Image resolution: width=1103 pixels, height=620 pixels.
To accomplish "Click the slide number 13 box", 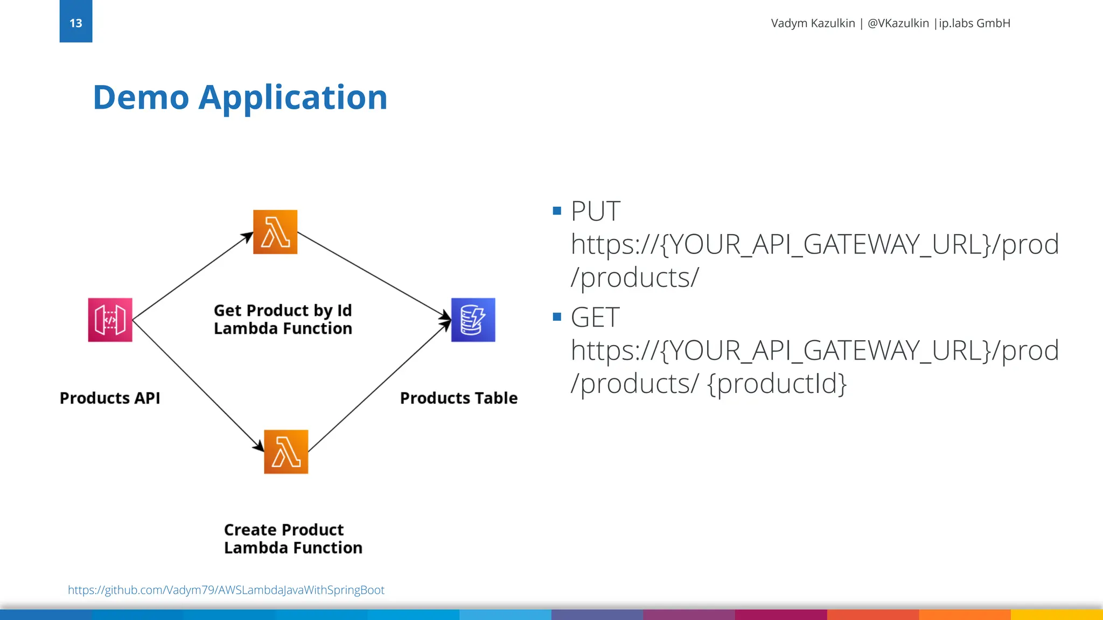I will tap(76, 22).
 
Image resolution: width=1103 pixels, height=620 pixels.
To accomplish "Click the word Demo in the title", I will tap(141, 98).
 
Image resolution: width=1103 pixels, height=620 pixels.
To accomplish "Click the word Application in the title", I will tap(293, 98).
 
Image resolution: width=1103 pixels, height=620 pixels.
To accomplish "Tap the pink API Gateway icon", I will tap(110, 320).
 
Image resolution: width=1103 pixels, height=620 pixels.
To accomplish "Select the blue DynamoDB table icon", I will tap(473, 320).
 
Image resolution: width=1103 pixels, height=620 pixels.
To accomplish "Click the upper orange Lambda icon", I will tap(275, 232).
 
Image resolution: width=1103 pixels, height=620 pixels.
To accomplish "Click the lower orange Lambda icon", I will tap(286, 452).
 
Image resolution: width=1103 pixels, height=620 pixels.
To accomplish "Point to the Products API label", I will tap(110, 398).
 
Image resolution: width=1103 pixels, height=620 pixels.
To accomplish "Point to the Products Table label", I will tap(459, 398).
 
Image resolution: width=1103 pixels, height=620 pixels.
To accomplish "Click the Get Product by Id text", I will tap(283, 311).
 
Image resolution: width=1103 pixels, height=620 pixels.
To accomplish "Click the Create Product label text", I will tap(284, 530).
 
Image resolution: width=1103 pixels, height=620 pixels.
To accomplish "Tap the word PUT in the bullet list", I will tap(595, 211).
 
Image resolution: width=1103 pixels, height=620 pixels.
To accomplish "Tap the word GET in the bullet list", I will tap(595, 317).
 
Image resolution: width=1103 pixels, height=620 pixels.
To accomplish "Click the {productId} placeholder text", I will tap(777, 384).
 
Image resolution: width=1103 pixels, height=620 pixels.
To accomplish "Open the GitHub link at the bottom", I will tap(226, 590).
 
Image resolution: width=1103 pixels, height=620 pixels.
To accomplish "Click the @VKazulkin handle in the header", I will tap(898, 23).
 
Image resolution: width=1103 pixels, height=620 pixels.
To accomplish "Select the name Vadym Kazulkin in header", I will tap(813, 23).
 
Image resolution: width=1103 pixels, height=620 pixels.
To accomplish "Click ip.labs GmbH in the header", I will tap(974, 23).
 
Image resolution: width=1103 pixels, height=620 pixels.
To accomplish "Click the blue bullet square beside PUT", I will tap(557, 210).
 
